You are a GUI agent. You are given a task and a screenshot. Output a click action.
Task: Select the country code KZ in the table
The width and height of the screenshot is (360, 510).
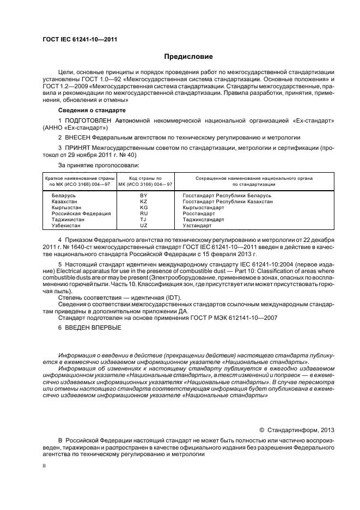[144, 201]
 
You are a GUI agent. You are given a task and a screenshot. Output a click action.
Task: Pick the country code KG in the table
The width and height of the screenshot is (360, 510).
[144, 207]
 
